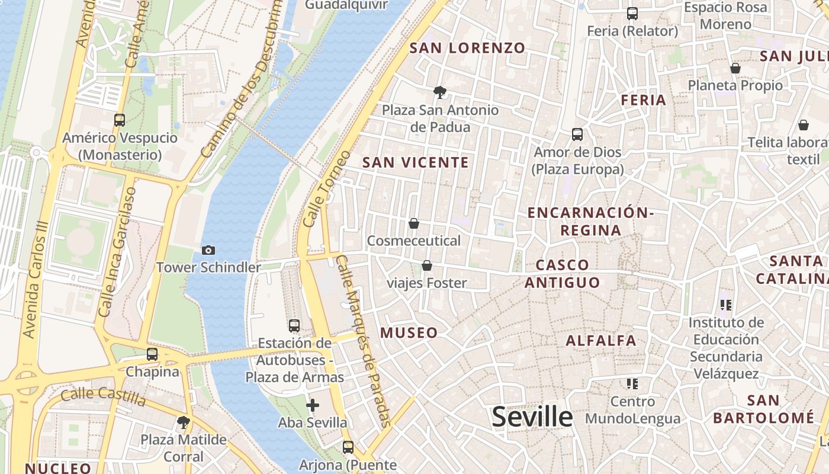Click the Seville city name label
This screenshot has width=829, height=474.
(532, 417)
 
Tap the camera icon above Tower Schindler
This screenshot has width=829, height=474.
(208, 251)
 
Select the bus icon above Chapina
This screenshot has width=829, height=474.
(152, 354)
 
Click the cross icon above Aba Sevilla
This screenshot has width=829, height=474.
(313, 405)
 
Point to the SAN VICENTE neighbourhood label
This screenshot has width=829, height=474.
(416, 162)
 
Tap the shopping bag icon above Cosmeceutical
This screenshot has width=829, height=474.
(414, 223)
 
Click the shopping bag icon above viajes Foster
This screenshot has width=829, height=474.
(426, 265)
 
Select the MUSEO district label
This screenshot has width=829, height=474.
(409, 333)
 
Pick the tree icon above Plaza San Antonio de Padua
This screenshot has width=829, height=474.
(439, 92)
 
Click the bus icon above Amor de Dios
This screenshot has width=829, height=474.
(577, 134)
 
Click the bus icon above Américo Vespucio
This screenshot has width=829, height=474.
(120, 120)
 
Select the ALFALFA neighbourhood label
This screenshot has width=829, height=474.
(601, 341)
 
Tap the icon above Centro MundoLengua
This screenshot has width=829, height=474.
(632, 384)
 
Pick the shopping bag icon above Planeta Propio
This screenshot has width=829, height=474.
(735, 68)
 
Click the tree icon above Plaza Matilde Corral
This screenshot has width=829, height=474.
(184, 422)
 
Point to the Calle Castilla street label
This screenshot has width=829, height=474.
(104, 396)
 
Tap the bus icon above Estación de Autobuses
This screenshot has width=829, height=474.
(294, 325)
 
